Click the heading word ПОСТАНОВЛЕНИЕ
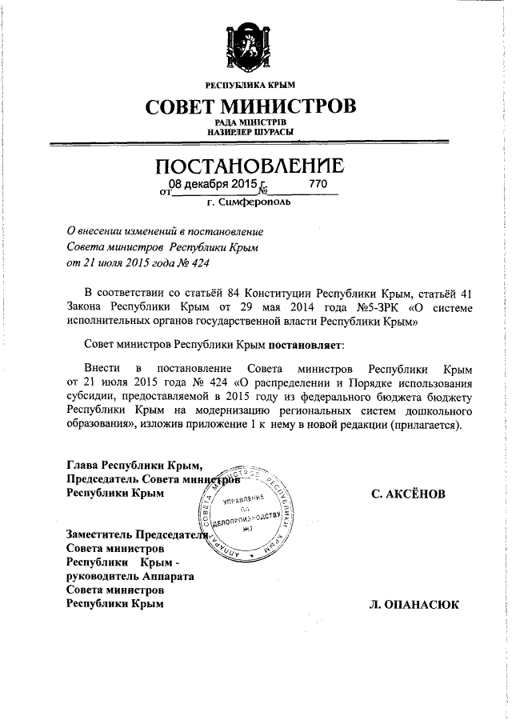tap(249, 166)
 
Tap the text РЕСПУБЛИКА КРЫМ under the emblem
tap(250, 84)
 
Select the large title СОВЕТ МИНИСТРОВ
tap(250, 106)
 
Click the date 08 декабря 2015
tap(214, 185)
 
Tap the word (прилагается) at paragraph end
tap(426, 425)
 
